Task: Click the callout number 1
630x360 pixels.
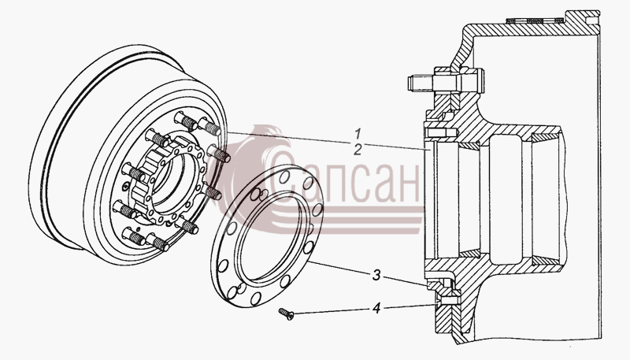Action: click(x=358, y=133)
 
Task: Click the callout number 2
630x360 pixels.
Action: click(x=358, y=150)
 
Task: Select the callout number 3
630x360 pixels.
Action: click(x=376, y=276)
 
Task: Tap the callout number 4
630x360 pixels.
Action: click(x=376, y=309)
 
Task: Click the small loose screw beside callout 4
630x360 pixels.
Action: click(x=287, y=314)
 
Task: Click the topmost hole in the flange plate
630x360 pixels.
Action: click(x=283, y=176)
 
